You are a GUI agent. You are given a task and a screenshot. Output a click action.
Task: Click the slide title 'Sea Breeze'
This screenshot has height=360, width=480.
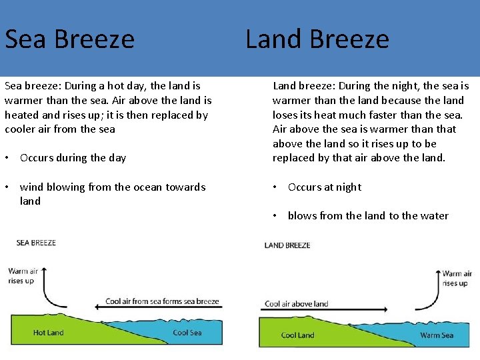click(x=69, y=39)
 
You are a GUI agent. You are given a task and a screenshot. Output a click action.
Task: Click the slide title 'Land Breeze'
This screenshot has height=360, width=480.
click(x=317, y=39)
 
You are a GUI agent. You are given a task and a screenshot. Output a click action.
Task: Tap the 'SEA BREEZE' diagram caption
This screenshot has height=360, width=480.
click(x=36, y=243)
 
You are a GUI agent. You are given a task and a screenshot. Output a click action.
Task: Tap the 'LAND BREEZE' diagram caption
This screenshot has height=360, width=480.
click(x=287, y=245)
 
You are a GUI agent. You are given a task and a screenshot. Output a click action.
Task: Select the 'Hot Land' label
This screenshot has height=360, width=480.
click(x=49, y=332)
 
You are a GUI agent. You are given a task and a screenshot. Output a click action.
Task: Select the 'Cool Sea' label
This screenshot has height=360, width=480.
click(x=187, y=332)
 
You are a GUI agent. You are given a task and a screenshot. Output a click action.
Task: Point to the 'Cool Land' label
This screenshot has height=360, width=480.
click(x=297, y=335)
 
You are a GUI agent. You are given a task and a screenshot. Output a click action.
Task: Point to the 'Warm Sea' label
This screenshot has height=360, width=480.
click(x=437, y=335)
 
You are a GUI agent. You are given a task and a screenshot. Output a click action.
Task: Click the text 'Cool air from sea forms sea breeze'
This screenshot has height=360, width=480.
click(x=162, y=301)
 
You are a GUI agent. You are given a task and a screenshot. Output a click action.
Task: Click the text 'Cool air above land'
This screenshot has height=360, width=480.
click(x=297, y=304)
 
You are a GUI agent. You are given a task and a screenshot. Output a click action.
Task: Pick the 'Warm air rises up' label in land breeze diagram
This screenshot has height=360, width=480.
click(x=456, y=278)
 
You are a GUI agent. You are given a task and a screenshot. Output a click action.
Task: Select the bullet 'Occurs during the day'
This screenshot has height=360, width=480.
click(x=73, y=158)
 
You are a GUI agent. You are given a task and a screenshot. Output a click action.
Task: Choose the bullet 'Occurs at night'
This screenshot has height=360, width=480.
click(x=324, y=187)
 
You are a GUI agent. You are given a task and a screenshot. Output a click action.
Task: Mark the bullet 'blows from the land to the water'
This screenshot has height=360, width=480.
click(x=368, y=215)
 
